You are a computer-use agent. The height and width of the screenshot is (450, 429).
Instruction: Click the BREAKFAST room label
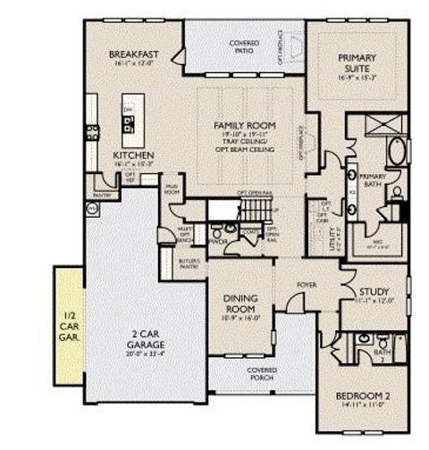133,55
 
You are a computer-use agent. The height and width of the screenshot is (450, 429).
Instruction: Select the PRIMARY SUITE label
357,62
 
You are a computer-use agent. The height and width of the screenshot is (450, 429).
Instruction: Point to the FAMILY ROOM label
244,125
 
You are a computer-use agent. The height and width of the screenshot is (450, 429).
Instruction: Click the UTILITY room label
332,236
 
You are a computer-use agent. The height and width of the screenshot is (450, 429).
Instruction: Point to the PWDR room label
216,241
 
